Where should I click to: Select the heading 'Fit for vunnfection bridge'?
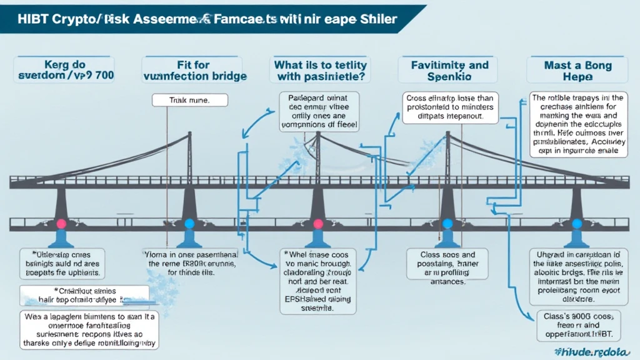(x=194, y=69)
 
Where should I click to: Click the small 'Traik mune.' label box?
(x=190, y=99)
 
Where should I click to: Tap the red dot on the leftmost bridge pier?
(x=62, y=223)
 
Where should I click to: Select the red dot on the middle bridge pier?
(x=317, y=223)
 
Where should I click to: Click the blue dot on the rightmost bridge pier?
(x=577, y=223)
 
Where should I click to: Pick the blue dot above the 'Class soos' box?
(x=447, y=223)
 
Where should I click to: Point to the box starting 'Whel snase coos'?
(x=318, y=281)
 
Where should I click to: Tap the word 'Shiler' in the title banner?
(x=376, y=19)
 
